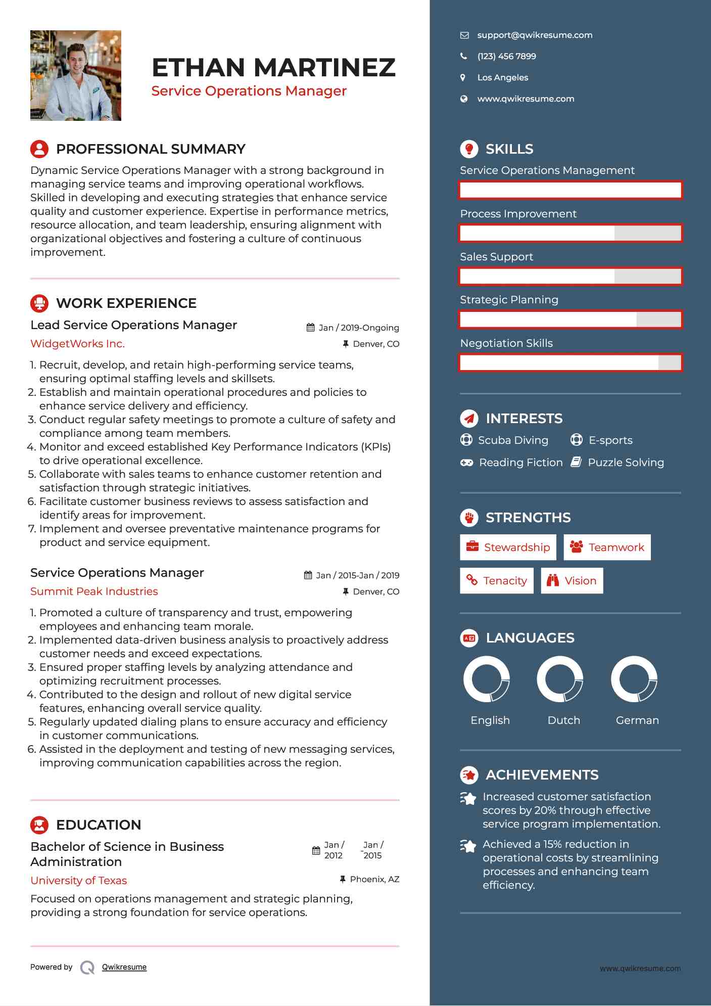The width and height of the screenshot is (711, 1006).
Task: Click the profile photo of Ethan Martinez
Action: coord(76,75)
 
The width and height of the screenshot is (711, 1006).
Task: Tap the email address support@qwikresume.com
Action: coord(534,35)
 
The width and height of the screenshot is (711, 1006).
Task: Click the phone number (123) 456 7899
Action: coord(506,56)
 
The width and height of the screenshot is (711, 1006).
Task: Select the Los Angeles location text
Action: coord(502,77)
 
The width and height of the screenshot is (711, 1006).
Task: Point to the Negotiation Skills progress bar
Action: coord(571,362)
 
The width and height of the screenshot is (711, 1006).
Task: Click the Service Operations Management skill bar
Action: coord(571,190)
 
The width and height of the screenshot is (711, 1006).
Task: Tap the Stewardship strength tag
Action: coord(508,547)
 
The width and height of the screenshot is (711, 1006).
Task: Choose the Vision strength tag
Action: coord(572,580)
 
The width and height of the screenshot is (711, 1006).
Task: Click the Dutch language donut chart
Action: coord(560,679)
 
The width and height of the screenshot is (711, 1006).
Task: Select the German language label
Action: coord(637,720)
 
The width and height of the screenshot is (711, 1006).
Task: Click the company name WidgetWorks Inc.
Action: coord(77,344)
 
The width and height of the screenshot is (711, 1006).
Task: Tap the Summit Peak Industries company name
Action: coord(94,591)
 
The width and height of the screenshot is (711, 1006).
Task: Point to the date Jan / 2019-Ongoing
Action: coord(358,328)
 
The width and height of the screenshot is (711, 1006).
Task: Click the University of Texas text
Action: coord(78,880)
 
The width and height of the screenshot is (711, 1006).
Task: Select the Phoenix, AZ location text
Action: coord(374,879)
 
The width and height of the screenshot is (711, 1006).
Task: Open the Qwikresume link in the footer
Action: coord(124,967)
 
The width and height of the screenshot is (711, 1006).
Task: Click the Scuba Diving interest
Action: coord(512,440)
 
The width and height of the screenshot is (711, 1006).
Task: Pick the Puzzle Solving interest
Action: coord(625,463)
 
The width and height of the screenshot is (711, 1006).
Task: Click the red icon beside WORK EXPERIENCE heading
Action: coord(39,303)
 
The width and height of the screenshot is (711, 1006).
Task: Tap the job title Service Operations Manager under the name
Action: coord(249,91)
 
